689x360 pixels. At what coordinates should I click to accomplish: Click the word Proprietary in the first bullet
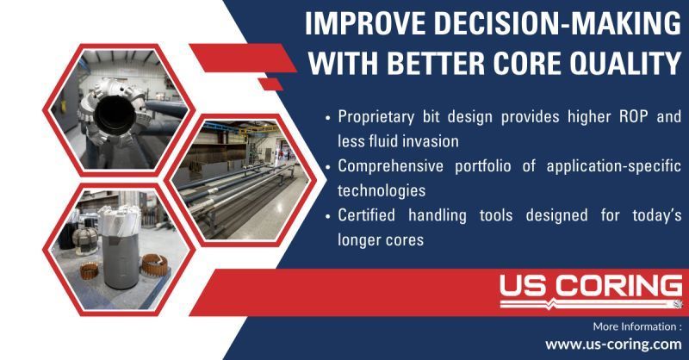click(376, 117)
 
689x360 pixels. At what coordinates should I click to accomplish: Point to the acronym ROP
click(633, 116)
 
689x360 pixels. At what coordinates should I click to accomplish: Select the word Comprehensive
click(391, 166)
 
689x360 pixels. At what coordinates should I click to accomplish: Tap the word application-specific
click(614, 166)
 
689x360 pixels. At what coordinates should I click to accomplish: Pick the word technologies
click(382, 191)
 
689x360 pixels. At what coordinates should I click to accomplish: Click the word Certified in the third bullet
click(366, 215)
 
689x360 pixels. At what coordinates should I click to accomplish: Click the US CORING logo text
click(591, 286)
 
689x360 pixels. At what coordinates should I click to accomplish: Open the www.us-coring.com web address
click(613, 344)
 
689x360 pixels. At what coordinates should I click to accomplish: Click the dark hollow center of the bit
click(115, 115)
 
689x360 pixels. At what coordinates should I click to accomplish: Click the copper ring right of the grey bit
click(155, 265)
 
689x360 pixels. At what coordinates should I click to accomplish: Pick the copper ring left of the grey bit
click(90, 270)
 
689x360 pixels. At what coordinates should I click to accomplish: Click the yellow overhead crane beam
click(259, 130)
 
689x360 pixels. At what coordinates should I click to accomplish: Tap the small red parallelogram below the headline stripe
click(270, 84)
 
